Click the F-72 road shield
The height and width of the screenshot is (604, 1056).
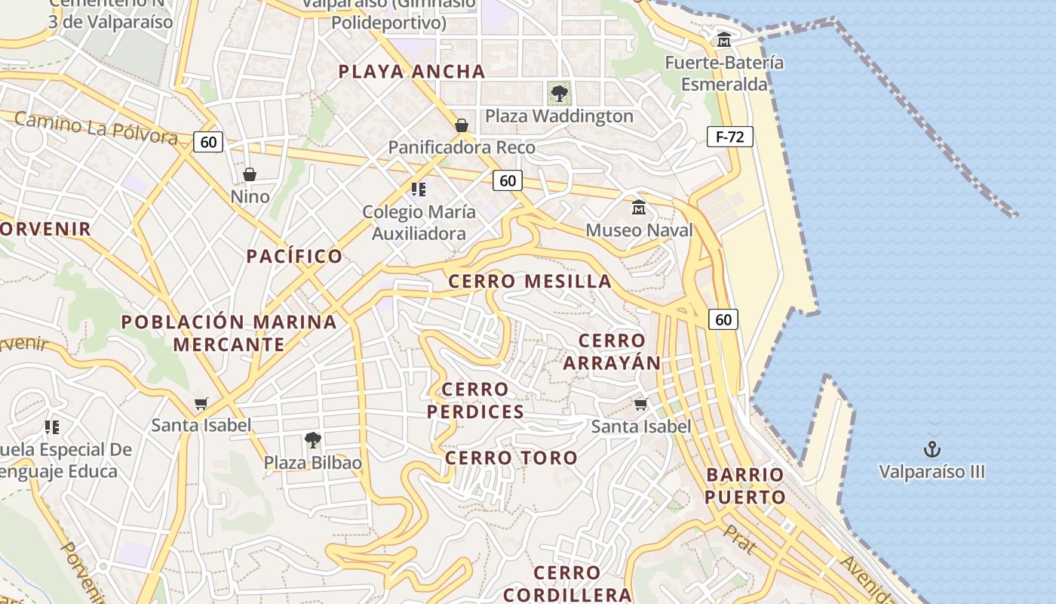[729, 137]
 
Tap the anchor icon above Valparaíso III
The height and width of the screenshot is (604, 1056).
[932, 449]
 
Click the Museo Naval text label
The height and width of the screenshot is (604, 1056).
[639, 230]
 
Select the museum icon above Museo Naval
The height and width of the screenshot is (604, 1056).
[639, 207]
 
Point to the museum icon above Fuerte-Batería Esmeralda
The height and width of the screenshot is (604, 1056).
[724, 39]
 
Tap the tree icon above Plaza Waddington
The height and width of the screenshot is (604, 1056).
[559, 94]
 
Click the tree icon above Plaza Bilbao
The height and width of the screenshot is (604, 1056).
[312, 439]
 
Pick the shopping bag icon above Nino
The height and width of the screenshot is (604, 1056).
[250, 174]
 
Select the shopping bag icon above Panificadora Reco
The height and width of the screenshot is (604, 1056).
[462, 125]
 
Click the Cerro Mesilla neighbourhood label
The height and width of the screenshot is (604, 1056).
[530, 282]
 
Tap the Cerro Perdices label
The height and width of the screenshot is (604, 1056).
[475, 400]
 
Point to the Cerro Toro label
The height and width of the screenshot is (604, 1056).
[511, 458]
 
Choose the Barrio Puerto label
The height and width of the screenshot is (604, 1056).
[745, 485]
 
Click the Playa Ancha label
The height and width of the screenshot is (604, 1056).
[411, 72]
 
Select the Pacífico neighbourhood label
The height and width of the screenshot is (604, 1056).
[294, 256]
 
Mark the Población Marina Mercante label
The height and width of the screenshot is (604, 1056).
[229, 333]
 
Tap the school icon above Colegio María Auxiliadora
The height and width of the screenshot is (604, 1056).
[419, 189]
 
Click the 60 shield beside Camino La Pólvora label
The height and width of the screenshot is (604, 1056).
[208, 141]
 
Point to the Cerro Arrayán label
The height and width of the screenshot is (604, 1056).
[612, 352]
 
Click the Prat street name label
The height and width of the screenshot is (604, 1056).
[739, 539]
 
